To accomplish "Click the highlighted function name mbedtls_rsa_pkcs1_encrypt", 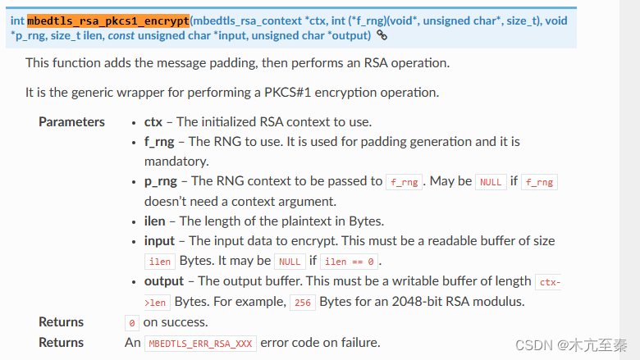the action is pyautogui.click(x=108, y=20).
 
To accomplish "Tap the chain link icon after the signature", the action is pyautogui.click(x=382, y=35).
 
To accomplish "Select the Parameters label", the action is pyautogui.click(x=71, y=121).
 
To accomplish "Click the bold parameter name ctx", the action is pyautogui.click(x=153, y=121).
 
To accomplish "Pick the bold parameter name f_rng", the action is pyautogui.click(x=159, y=141).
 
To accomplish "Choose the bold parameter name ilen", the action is pyautogui.click(x=154, y=221).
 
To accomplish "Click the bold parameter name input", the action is pyautogui.click(x=159, y=240).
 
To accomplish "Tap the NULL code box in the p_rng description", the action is pyautogui.click(x=491, y=182).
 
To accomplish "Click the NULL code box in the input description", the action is pyautogui.click(x=290, y=262).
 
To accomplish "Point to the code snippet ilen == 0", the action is pyautogui.click(x=350, y=262).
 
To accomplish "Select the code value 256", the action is pyautogui.click(x=302, y=302).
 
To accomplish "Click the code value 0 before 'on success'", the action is pyautogui.click(x=132, y=322).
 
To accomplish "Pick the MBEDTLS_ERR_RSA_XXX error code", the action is pyautogui.click(x=201, y=343).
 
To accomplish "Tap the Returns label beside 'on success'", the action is pyautogui.click(x=61, y=321).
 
